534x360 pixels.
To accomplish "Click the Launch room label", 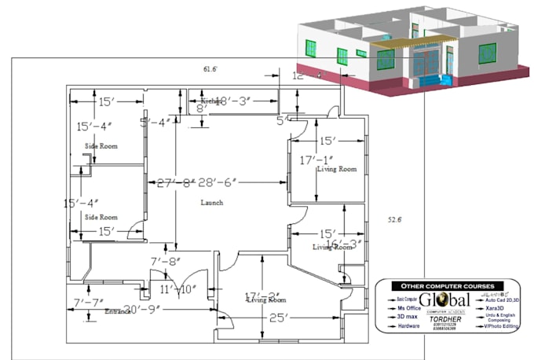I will [211, 203].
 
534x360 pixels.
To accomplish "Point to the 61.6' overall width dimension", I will [210, 69].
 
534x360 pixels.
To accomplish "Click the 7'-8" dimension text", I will [166, 260].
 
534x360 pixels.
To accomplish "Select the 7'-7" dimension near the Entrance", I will [89, 302].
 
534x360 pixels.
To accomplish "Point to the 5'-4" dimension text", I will [155, 122].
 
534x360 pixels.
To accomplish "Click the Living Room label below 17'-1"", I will [336, 169].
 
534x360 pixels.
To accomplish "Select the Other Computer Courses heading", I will [447, 285].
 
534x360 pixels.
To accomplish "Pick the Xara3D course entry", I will [496, 309].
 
